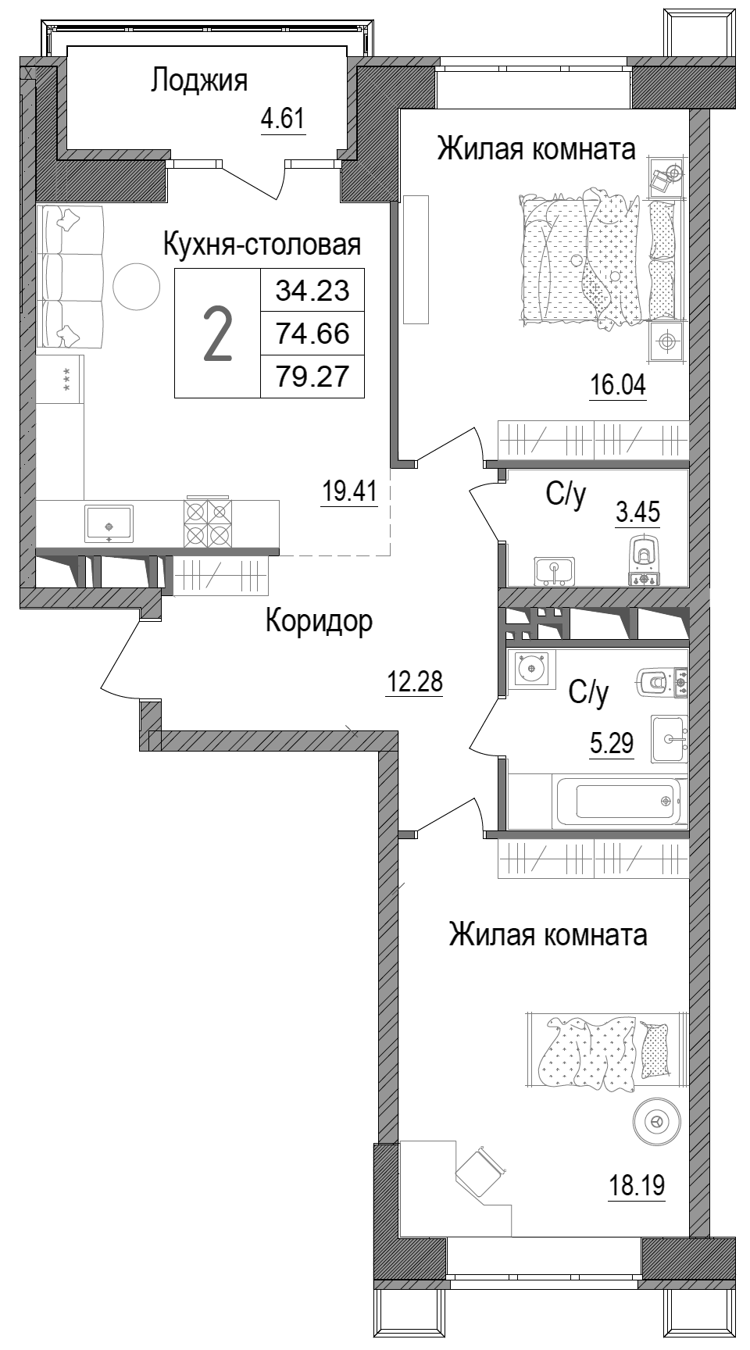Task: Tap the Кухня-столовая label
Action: (x=262, y=245)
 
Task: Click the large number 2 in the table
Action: (x=217, y=334)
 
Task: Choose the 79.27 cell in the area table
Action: (x=312, y=378)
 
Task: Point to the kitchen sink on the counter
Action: (x=109, y=522)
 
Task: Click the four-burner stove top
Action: (x=208, y=523)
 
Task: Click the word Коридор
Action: (x=319, y=621)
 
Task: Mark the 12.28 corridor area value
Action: (x=414, y=681)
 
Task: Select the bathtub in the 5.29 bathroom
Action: (x=620, y=801)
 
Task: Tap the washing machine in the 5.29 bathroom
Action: (x=531, y=669)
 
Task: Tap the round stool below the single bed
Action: (x=655, y=1123)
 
